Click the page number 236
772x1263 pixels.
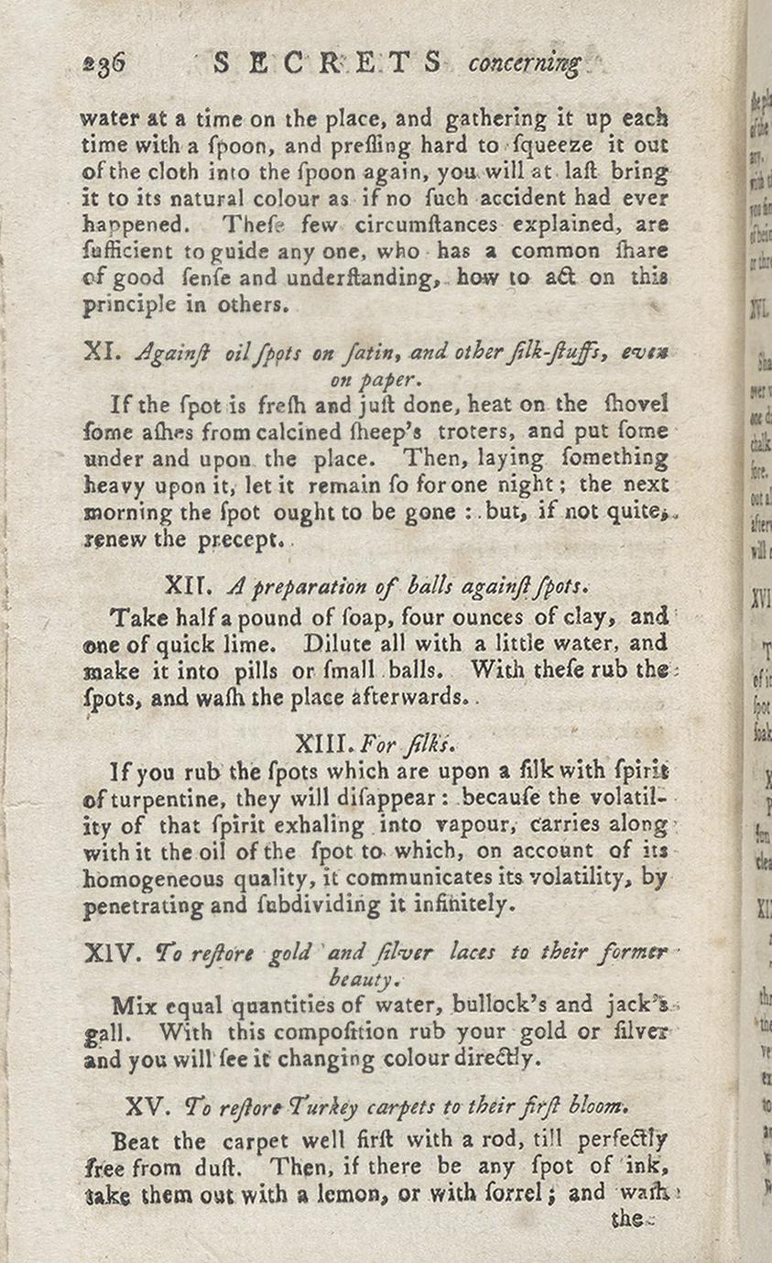103,63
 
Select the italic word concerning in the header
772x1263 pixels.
524,64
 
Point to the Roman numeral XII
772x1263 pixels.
189,583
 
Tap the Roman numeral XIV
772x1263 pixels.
111,953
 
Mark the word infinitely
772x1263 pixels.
456,906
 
